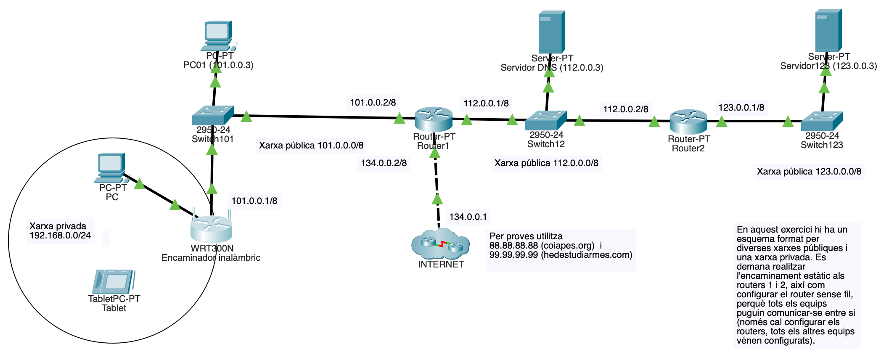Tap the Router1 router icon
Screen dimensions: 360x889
[434, 119]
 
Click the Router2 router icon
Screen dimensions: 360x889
[688, 122]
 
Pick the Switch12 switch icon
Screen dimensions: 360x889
[546, 120]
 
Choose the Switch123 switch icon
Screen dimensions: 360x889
[822, 121]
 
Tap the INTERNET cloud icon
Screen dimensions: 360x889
[440, 244]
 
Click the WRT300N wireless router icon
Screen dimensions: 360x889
[211, 228]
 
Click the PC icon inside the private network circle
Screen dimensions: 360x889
[111, 167]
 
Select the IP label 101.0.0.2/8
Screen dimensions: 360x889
[373, 103]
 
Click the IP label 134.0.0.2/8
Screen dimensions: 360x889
[384, 163]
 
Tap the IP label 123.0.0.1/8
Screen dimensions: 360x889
[741, 108]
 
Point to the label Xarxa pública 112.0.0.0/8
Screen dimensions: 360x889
[546, 163]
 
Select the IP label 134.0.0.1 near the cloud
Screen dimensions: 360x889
[468, 217]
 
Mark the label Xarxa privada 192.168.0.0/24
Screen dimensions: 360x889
[60, 231]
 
